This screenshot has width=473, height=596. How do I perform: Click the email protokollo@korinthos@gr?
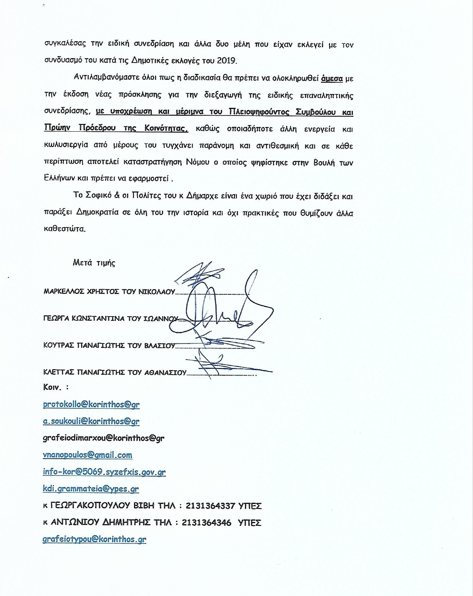tap(91, 404)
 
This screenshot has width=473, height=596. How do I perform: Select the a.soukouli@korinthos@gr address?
tap(91, 421)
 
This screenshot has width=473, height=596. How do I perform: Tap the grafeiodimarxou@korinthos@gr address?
tap(103, 438)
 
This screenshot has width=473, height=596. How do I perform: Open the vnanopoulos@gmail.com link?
tap(88, 455)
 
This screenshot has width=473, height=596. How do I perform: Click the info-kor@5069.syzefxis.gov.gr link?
tap(104, 472)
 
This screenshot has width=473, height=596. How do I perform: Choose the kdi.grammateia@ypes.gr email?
tap(91, 489)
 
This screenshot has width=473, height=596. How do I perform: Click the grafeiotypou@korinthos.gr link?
tap(94, 539)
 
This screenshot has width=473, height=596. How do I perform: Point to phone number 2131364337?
tap(210, 506)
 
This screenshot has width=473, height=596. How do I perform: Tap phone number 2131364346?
tap(207, 523)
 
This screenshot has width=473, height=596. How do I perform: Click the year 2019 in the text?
tap(227, 61)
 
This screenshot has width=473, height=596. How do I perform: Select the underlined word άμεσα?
tap(332, 78)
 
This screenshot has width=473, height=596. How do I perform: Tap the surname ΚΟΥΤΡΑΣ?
tap(58, 345)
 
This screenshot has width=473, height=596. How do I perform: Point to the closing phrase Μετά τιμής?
tap(94, 263)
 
